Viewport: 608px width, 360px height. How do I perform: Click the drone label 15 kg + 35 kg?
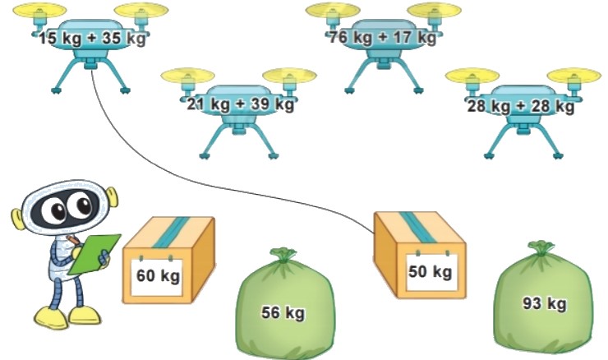tap(92, 39)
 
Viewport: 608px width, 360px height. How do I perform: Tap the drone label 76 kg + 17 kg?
tap(383, 38)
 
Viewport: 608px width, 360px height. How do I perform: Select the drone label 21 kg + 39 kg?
tap(241, 104)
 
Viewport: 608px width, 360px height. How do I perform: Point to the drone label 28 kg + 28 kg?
tap(520, 106)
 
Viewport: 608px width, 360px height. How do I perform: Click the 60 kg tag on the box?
tap(159, 276)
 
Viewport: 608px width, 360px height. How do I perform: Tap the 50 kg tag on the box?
tap(430, 272)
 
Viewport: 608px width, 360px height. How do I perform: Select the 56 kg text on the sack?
tap(283, 312)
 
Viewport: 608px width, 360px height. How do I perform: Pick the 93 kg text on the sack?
tap(545, 303)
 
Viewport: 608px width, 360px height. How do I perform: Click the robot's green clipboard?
tap(94, 254)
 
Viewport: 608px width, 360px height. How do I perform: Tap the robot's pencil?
tap(73, 239)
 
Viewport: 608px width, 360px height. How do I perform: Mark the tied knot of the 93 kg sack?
tap(541, 247)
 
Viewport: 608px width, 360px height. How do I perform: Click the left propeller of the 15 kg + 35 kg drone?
tap(40, 10)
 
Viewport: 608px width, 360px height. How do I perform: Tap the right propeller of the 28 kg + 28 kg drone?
tap(573, 76)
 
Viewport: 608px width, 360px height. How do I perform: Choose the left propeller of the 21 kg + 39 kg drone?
tap(187, 76)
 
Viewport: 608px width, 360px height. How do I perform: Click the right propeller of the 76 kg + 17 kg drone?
tap(435, 10)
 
